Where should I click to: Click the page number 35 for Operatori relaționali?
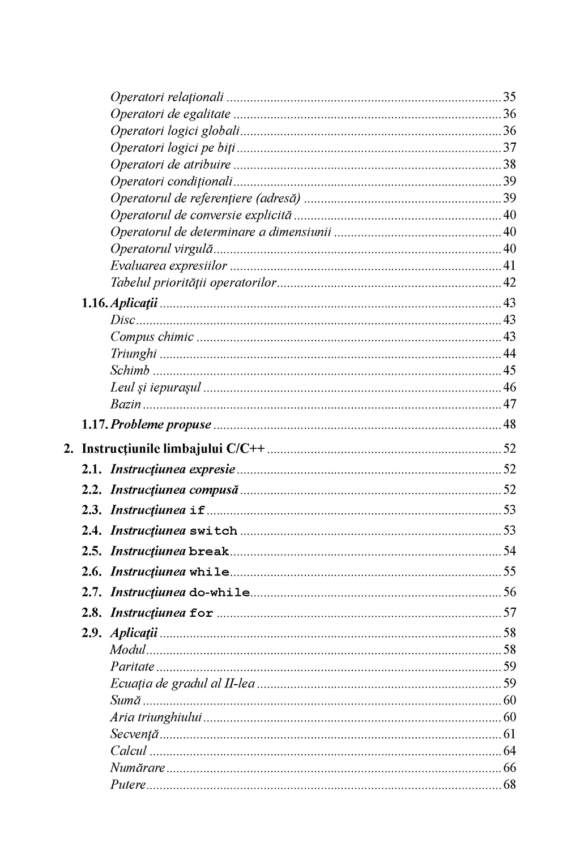[x=509, y=97]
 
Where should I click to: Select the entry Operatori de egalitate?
[x=170, y=114]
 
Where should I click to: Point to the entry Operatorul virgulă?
[x=161, y=248]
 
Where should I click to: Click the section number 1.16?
[x=95, y=303]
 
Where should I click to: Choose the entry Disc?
[x=123, y=320]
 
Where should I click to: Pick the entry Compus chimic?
[x=152, y=337]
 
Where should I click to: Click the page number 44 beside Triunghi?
[x=509, y=354]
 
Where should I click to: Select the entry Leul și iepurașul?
[x=156, y=388]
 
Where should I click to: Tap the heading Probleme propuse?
[x=160, y=424]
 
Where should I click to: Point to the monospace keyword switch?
[x=213, y=531]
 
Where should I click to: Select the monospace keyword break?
[x=208, y=551]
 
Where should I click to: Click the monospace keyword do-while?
[x=219, y=592]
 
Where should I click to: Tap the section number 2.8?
[x=91, y=612]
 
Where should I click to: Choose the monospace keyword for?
[x=201, y=613]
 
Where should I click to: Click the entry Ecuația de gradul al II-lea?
[x=182, y=684]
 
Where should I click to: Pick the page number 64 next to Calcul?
[x=509, y=751]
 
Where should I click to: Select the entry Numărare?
[x=138, y=768]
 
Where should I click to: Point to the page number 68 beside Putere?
[x=509, y=785]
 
